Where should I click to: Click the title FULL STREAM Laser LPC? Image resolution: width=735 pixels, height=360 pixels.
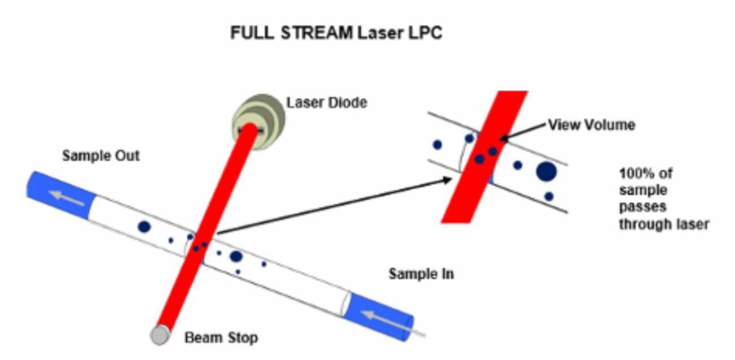[336, 33]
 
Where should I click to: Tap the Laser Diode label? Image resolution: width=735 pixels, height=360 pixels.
[327, 103]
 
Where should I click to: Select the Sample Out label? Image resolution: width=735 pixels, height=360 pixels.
[101, 155]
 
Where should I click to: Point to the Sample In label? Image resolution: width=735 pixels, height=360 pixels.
[421, 274]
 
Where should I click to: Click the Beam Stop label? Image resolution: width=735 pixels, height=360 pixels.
[221, 339]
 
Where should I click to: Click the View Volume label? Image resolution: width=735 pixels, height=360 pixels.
[591, 125]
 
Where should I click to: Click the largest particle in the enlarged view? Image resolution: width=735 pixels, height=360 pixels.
[547, 172]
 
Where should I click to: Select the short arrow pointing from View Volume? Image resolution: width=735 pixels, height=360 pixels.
[524, 131]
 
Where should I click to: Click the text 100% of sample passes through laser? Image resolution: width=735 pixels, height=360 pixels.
[663, 198]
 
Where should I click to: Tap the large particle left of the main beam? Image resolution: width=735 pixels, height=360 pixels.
[144, 227]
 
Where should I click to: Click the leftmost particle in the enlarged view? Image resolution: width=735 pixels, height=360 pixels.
[437, 145]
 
